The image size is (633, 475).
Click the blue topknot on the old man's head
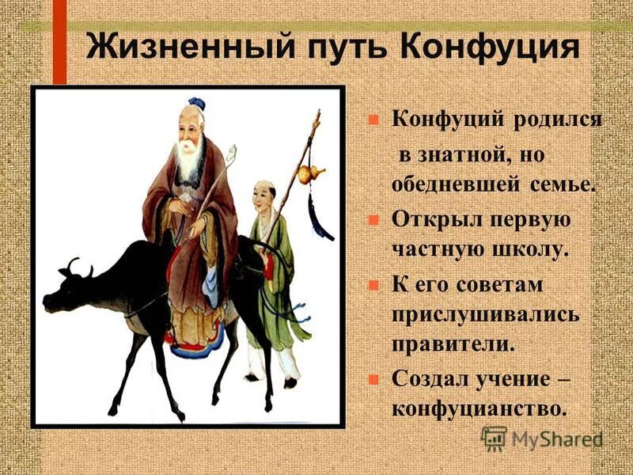[197, 103]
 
